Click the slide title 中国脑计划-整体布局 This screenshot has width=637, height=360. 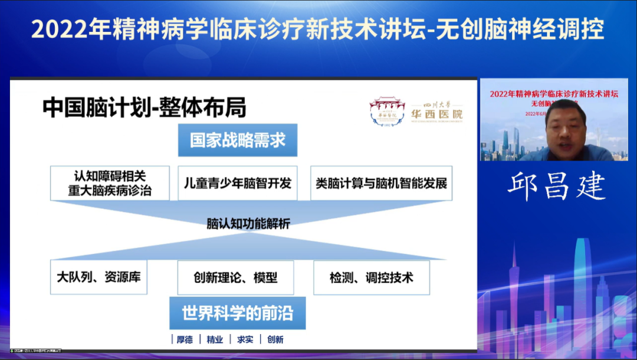145,108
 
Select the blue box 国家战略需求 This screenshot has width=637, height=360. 238,140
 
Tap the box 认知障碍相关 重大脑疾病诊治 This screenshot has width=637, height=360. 110,183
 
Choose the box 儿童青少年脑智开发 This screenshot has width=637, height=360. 238,183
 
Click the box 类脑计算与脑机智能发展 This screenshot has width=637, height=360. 381,183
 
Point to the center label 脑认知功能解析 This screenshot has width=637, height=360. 248,224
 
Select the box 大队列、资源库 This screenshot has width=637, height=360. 98,277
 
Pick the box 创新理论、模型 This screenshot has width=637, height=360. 235,277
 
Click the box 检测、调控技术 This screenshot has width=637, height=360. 372,277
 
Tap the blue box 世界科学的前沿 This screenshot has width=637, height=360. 238,313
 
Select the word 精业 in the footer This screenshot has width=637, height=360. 215,339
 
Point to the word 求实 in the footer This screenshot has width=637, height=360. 245,339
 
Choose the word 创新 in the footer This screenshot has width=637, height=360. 275,339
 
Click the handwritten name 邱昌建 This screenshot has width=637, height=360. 557,186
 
